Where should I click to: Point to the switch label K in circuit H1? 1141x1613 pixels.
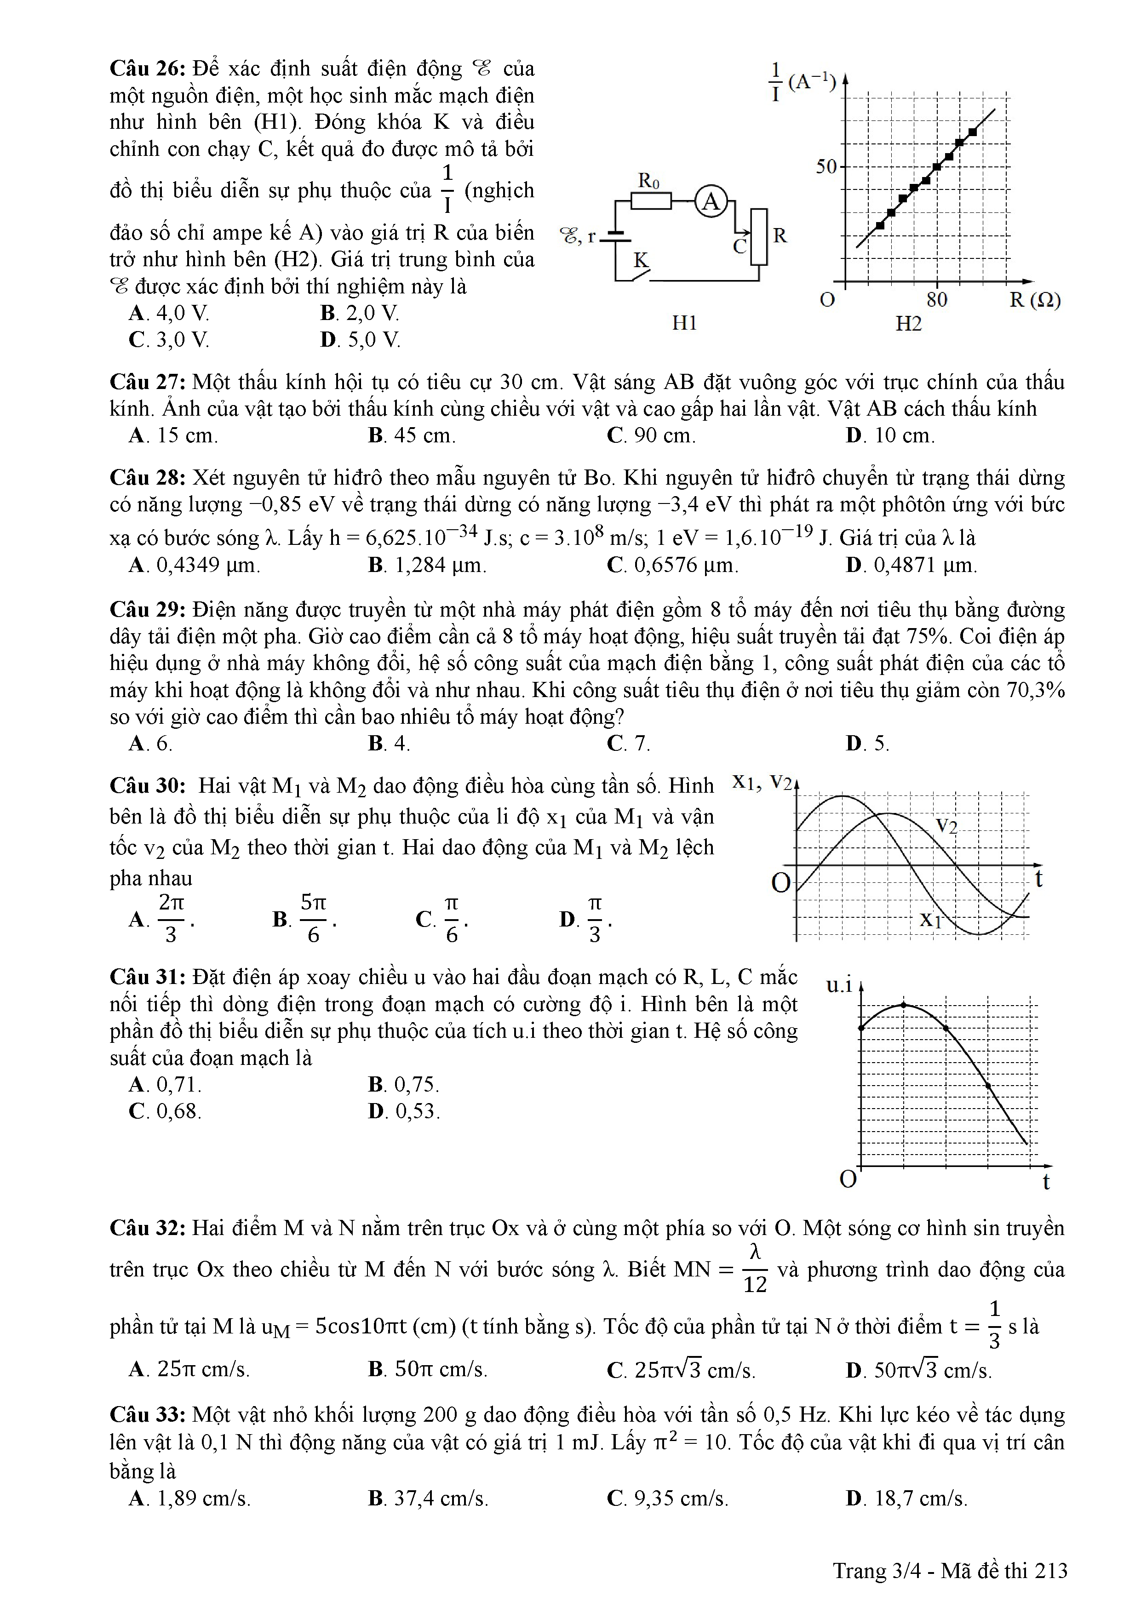point(640,260)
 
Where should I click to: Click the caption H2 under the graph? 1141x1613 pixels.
point(908,324)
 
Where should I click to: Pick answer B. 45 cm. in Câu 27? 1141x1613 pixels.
point(412,435)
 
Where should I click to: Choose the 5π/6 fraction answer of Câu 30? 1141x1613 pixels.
point(313,918)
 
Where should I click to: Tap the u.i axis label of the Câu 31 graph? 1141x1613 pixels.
point(839,986)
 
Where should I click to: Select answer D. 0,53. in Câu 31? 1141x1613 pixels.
point(403,1111)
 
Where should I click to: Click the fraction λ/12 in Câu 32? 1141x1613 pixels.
point(755,1270)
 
